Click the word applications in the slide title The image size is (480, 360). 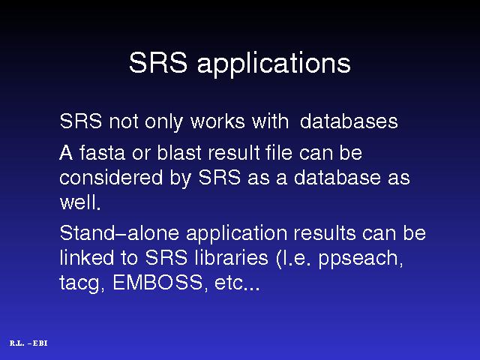(x=274, y=64)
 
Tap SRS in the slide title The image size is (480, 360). (x=158, y=62)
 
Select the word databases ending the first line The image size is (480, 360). (x=349, y=121)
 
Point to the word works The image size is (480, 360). (x=217, y=121)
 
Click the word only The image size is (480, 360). (x=163, y=121)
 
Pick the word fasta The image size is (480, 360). (x=102, y=152)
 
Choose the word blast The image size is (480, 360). (x=179, y=152)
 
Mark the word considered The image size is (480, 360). (x=111, y=177)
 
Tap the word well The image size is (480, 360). (x=80, y=202)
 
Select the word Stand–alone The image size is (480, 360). (x=119, y=232)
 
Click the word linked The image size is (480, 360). (x=87, y=257)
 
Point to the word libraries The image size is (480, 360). (x=232, y=257)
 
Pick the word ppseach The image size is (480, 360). (x=360, y=259)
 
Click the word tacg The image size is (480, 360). (x=79, y=283)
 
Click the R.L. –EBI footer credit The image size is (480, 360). (x=28, y=343)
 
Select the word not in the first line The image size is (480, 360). (x=123, y=121)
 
